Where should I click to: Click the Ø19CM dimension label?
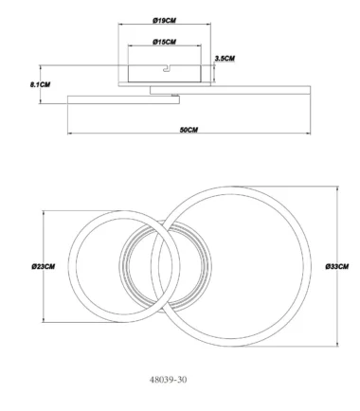coord(164,21)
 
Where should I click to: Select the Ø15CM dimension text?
coord(164,42)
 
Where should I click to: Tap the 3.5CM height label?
coord(225,59)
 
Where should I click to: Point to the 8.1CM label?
coord(40,84)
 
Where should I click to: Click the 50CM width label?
coord(189,130)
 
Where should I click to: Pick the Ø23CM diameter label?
coord(44,266)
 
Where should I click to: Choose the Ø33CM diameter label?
coord(337,266)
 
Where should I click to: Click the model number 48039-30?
coord(168,380)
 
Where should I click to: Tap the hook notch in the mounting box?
coord(167,68)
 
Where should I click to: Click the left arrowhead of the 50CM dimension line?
coord(70,134)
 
